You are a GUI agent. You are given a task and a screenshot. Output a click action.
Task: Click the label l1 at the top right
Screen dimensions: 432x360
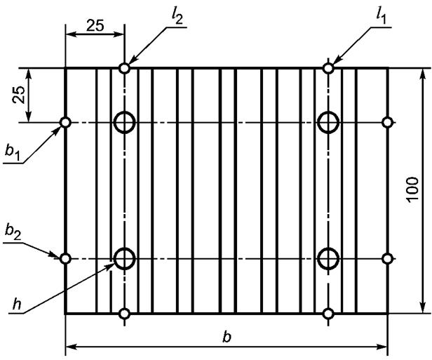click(x=381, y=17)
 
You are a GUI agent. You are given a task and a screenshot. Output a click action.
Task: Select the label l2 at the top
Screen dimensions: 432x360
click(x=177, y=17)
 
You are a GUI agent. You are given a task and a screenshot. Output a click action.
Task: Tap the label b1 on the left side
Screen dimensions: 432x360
click(x=13, y=152)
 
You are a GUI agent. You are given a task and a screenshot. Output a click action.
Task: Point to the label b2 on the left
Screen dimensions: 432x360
click(x=13, y=233)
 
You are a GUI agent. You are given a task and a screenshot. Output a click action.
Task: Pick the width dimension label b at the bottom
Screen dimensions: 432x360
click(x=227, y=337)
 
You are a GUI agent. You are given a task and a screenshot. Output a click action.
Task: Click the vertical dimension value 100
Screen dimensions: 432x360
click(x=412, y=190)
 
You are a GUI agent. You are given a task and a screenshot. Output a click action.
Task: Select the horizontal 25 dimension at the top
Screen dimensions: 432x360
click(x=95, y=25)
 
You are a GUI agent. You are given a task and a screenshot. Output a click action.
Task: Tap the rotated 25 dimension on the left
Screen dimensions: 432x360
click(x=19, y=95)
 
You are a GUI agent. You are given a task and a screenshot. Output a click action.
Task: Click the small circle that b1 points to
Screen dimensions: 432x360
click(x=65, y=122)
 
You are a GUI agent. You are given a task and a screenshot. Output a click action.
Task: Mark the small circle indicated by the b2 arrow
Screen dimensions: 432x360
click(x=65, y=258)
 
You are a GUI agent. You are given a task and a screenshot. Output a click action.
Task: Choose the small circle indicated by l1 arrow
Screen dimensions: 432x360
click(x=328, y=68)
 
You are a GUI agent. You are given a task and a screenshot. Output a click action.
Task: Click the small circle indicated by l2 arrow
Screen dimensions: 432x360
click(x=125, y=68)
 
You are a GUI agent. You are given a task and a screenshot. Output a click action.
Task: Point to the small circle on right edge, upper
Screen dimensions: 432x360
click(x=388, y=122)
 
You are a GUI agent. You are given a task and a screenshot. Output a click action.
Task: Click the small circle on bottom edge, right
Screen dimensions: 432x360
click(x=328, y=314)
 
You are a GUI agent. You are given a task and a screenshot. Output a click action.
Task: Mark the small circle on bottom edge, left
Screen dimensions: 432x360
click(x=125, y=314)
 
